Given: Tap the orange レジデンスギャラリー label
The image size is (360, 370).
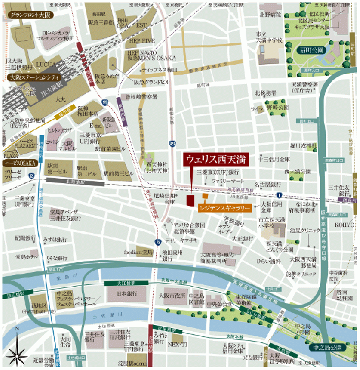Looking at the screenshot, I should tap(226, 209).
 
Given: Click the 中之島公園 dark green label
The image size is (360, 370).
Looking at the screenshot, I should tap(328, 348).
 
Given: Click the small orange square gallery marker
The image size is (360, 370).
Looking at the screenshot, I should tap(205, 196).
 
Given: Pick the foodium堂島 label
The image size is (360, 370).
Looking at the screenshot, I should tap(137, 252).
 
